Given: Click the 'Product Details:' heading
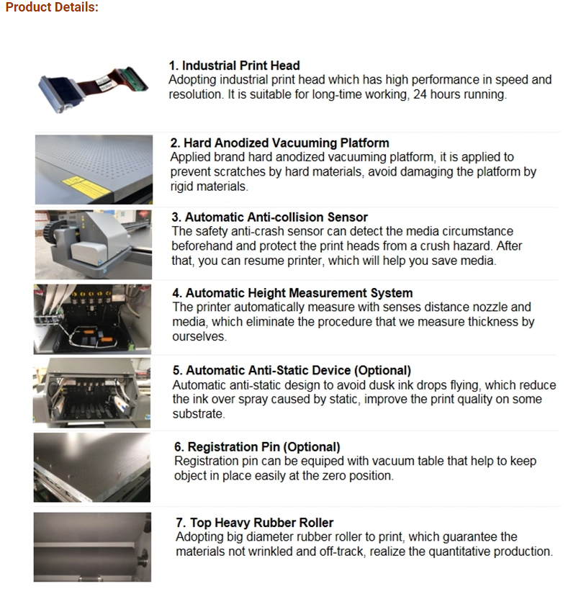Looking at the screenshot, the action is (x=52, y=7).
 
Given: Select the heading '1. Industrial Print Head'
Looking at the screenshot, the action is (x=235, y=66).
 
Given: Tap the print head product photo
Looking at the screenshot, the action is (x=93, y=90).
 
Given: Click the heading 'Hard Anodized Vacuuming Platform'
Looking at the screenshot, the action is (x=287, y=143).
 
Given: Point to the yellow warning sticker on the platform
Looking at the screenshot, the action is (x=86, y=186).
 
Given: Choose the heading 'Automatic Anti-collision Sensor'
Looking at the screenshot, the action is (x=276, y=217).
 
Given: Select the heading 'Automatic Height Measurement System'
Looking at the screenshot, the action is (x=299, y=293).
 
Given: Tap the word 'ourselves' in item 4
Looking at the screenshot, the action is (x=199, y=336).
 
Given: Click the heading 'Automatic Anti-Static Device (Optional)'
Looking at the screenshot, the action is (x=299, y=370).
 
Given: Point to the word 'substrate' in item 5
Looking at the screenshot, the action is (x=198, y=414).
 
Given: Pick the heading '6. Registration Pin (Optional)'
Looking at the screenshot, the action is (x=257, y=447).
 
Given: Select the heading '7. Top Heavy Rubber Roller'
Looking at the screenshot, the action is (x=255, y=523).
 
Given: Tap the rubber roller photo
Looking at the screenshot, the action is (x=92, y=547).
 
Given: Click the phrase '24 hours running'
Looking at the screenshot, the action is (x=459, y=94).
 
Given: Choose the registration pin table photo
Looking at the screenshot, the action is (x=92, y=467).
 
